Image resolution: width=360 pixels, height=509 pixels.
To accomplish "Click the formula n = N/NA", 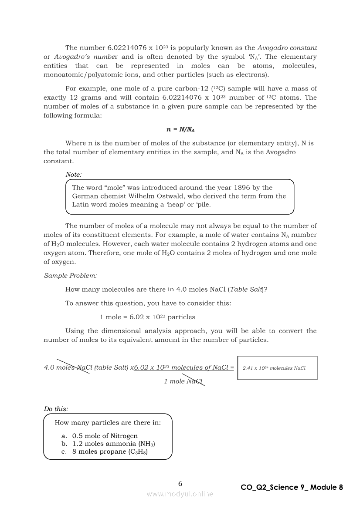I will (x=180, y=129).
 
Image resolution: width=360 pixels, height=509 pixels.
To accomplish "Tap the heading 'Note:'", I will (x=73, y=175).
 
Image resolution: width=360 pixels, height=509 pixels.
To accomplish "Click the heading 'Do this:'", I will (x=56, y=409).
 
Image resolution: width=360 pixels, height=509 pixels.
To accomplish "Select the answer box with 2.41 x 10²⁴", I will (x=277, y=368).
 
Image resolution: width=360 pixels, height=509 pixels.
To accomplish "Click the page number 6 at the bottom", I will (x=180, y=483).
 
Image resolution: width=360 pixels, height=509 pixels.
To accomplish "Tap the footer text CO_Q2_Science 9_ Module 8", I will (x=292, y=487).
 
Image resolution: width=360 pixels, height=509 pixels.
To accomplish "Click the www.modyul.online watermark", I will (x=180, y=494).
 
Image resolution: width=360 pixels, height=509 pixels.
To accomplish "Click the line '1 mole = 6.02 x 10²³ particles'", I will (x=147, y=317).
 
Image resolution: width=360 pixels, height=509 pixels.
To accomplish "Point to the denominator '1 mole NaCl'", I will (x=183, y=381).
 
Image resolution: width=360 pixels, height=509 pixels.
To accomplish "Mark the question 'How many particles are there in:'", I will (x=108, y=422).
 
